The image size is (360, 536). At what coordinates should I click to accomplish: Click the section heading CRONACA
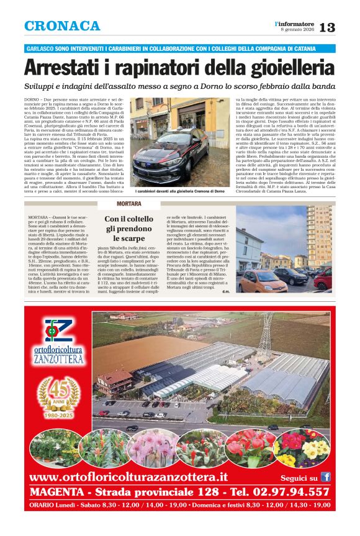62,26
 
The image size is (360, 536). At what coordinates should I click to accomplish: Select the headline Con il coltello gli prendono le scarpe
129,229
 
